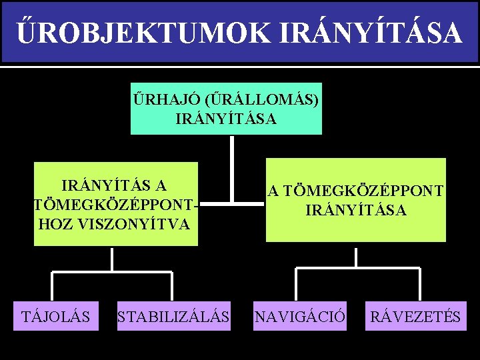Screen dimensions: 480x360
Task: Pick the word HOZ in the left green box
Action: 56,224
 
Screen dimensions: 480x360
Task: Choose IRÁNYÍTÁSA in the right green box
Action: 356,210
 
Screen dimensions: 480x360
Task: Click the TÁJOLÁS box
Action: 57,316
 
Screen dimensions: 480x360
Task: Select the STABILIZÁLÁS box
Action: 173,316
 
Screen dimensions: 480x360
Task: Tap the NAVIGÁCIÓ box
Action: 300,316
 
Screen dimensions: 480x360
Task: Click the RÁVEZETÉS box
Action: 416,316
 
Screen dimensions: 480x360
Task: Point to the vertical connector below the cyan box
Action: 231,167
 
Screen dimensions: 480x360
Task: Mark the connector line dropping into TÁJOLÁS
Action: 54,286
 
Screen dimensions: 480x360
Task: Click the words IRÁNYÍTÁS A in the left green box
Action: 114,185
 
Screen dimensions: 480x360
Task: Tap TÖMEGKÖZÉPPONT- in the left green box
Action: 116,204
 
